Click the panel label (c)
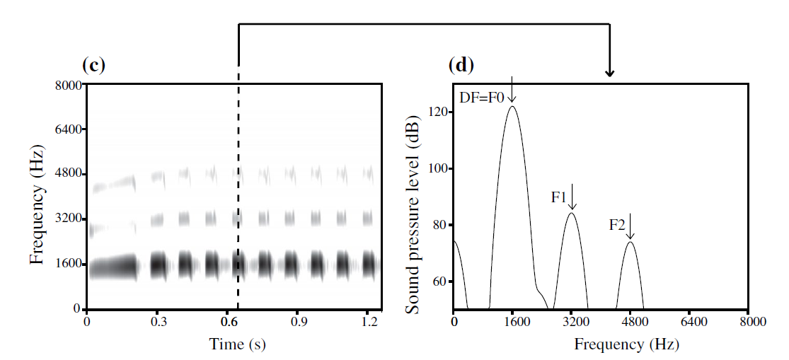[x=93, y=66]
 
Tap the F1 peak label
[x=559, y=199]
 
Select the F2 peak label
[x=618, y=226]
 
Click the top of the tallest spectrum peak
[x=512, y=107]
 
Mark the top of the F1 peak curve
[x=572, y=213]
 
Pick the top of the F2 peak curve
[x=630, y=243]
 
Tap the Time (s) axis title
[x=237, y=344]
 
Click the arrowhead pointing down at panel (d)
[x=609, y=72]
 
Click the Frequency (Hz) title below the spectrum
[x=626, y=344]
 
